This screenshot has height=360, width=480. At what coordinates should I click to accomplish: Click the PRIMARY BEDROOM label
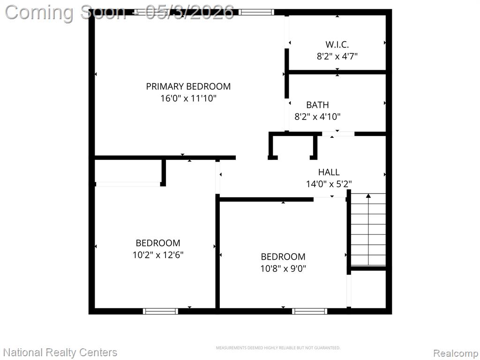(x=188, y=87)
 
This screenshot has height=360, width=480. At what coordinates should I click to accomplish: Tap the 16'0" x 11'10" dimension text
(x=188, y=98)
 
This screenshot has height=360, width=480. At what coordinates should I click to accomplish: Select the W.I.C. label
(x=337, y=45)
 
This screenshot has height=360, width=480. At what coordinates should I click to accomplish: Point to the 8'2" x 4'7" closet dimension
(x=337, y=56)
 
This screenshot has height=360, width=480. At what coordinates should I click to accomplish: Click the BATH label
(x=317, y=105)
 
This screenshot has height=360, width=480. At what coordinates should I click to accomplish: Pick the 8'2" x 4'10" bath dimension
(x=317, y=117)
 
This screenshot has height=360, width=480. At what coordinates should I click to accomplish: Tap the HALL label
(x=329, y=172)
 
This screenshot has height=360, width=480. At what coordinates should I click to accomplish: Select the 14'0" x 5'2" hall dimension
(x=329, y=184)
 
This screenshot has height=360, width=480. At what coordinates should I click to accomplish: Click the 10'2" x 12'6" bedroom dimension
(x=158, y=255)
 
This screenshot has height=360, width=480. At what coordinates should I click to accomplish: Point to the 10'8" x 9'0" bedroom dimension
(x=283, y=269)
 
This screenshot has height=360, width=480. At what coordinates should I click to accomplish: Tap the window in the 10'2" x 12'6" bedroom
(x=160, y=311)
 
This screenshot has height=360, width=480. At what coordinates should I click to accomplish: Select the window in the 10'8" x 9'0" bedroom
(x=309, y=311)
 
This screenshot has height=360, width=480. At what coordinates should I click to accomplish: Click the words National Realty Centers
(x=60, y=352)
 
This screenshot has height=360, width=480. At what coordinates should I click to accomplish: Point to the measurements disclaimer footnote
(x=278, y=348)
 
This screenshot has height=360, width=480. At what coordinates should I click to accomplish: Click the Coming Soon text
(x=65, y=13)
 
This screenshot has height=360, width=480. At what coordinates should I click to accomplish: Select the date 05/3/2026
(x=190, y=12)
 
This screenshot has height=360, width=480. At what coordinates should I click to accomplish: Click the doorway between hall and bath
(x=338, y=134)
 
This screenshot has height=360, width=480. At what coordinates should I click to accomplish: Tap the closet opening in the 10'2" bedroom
(x=128, y=184)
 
